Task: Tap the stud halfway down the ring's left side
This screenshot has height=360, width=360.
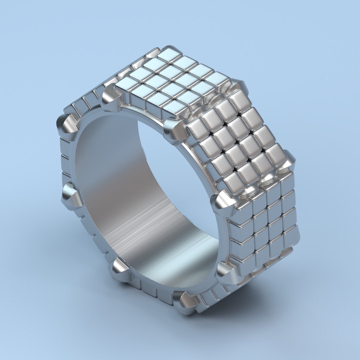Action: pyautogui.click(x=71, y=197)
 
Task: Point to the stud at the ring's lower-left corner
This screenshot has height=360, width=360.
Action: pyautogui.click(x=120, y=270)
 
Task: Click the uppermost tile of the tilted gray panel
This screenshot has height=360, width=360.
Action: pyautogui.click(x=240, y=99)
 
